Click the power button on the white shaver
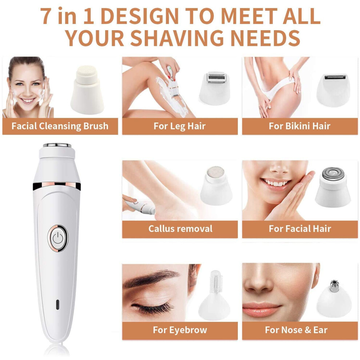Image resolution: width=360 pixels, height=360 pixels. click(58, 238)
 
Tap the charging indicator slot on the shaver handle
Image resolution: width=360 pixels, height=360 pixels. click(57, 304)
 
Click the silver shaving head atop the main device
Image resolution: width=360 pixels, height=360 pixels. click(57, 145)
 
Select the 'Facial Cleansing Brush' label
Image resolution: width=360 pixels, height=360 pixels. click(60, 126)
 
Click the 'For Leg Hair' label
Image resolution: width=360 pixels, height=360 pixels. click(180, 126)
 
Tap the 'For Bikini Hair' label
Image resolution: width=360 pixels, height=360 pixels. click(300, 126)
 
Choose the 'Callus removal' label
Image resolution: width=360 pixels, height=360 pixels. click(180, 229)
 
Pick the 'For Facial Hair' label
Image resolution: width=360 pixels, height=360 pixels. click(300, 229)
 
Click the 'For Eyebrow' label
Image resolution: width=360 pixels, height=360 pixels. click(180, 330)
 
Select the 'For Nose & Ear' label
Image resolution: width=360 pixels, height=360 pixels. click(296, 330)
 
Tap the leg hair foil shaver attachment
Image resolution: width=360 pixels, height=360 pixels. click(216, 88)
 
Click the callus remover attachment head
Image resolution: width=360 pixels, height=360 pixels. click(216, 186)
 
